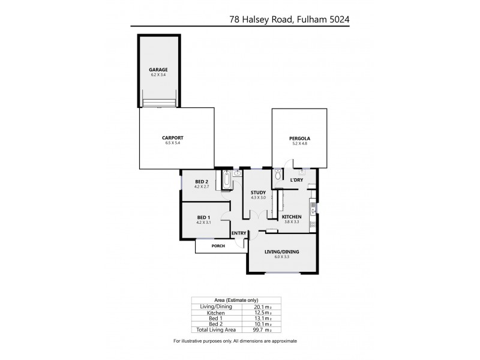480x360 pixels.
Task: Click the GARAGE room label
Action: pyautogui.click(x=158, y=70)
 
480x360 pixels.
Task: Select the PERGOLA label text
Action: pyautogui.click(x=301, y=139)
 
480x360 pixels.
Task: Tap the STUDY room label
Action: pyautogui.click(x=258, y=193)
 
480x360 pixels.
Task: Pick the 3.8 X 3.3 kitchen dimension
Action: pyautogui.click(x=291, y=222)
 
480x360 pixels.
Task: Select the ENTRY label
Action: pyautogui.click(x=239, y=234)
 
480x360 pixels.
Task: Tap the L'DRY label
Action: pyautogui.click(x=296, y=180)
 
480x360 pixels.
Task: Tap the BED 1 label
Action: pyautogui.click(x=203, y=217)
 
